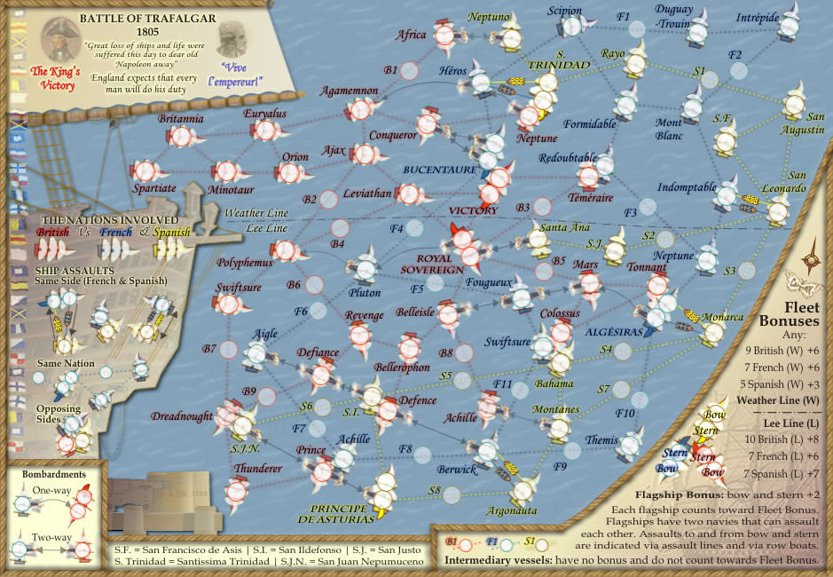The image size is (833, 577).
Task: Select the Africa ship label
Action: [411, 35]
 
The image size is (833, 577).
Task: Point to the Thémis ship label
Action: [601, 439]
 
